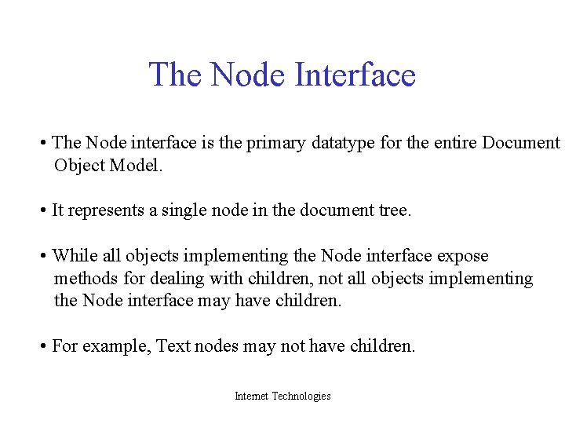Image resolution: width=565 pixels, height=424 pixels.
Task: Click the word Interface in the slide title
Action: coord(355,75)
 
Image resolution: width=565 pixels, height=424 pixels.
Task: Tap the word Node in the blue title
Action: coord(250,75)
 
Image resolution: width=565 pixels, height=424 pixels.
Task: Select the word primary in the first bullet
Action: coord(271,143)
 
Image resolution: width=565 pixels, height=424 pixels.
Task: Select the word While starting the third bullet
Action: coord(74,256)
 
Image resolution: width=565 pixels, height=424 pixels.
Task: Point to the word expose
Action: coord(462,256)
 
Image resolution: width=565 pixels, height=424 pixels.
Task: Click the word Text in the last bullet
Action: coord(173,346)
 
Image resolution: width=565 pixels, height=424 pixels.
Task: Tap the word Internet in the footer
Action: coord(251,397)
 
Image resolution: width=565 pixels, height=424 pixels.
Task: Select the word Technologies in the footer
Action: coord(301,397)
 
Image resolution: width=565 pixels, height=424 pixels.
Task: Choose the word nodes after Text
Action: coord(216,346)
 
